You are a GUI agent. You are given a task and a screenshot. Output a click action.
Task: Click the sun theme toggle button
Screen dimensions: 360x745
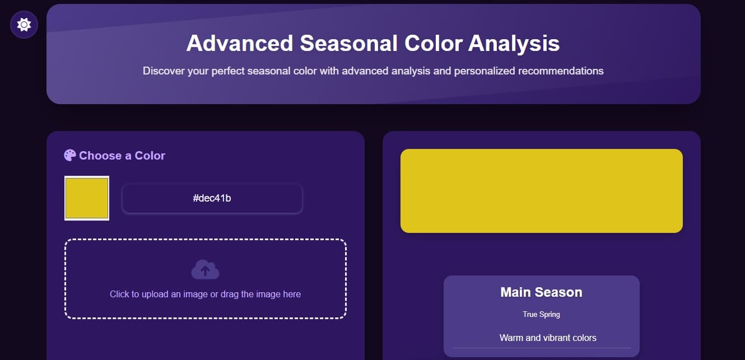[x=24, y=25]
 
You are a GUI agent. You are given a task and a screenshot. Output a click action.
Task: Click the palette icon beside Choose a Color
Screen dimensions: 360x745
[x=70, y=155]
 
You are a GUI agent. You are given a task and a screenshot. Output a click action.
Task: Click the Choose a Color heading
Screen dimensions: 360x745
[x=122, y=156]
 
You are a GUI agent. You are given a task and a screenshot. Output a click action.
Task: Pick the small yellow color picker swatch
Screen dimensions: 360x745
[x=87, y=198]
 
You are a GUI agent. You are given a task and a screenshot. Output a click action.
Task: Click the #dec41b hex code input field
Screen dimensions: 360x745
[x=212, y=198]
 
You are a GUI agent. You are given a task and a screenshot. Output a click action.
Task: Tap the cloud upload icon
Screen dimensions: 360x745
[x=205, y=270]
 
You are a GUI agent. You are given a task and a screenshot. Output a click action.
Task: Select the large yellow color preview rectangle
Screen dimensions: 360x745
[x=541, y=191]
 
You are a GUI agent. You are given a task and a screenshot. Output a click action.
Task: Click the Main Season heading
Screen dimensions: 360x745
[x=541, y=292]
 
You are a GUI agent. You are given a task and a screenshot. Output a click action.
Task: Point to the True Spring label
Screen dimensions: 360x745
[x=541, y=314]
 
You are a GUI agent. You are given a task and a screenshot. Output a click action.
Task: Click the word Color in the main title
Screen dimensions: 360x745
[x=433, y=44]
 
